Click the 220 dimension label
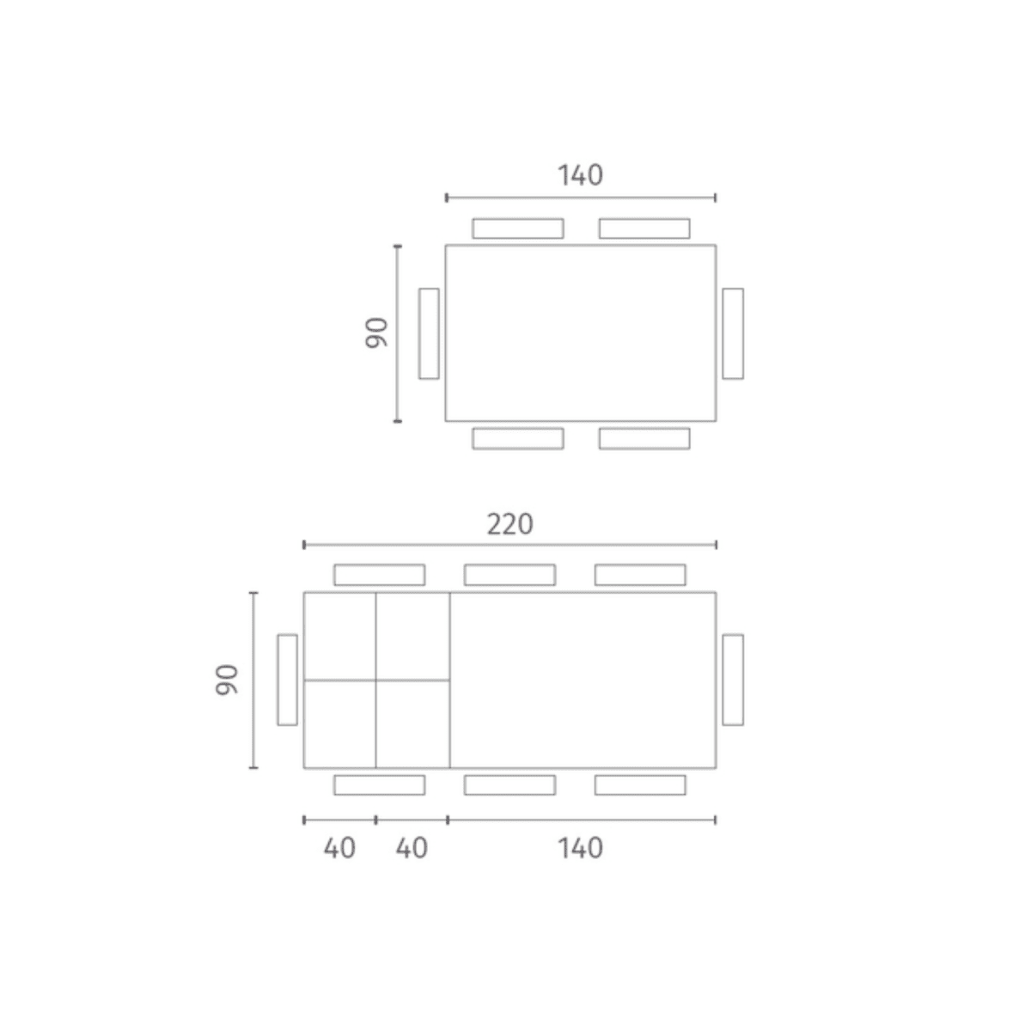[509, 524]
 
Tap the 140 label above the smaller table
[581, 175]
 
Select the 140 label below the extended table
[581, 848]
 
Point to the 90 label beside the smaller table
[376, 332]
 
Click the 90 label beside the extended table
[226, 680]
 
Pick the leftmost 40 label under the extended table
[339, 848]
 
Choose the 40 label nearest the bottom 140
[412, 848]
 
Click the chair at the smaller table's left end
[429, 334]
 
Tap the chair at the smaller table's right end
[733, 334]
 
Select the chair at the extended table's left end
[287, 680]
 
